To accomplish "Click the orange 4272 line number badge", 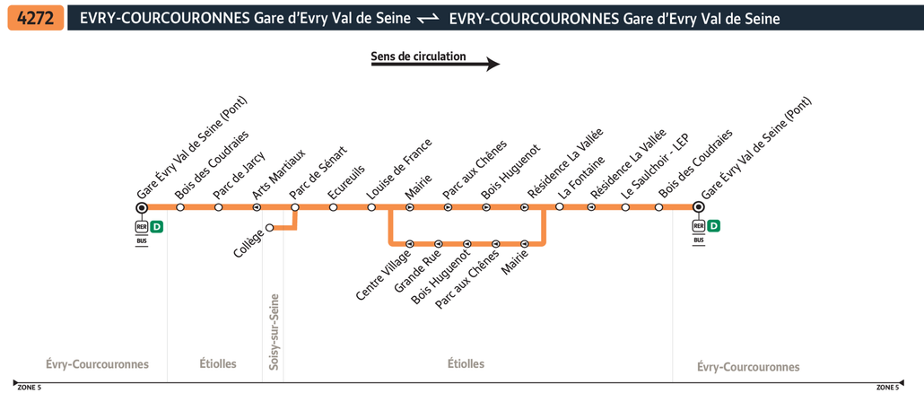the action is click(x=35, y=18).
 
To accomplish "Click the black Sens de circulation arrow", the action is click(x=435, y=65).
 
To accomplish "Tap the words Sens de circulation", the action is click(x=418, y=56).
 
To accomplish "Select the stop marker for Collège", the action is click(x=270, y=228).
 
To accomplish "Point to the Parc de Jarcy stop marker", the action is click(x=219, y=207).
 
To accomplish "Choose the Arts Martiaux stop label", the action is click(x=279, y=174).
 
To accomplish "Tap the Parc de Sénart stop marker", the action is click(x=295, y=207).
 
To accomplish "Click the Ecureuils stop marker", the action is click(x=333, y=207).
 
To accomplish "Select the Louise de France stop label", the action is click(x=399, y=169).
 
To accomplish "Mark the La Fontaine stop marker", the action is click(x=559, y=206).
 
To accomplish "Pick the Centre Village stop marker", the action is click(x=410, y=243).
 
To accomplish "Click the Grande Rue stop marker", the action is click(x=439, y=243).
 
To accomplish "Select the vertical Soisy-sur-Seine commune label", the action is click(x=274, y=332).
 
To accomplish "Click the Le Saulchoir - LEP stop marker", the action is click(x=625, y=207).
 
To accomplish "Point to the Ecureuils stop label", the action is click(x=346, y=181).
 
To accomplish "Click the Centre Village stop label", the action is click(x=382, y=275).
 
